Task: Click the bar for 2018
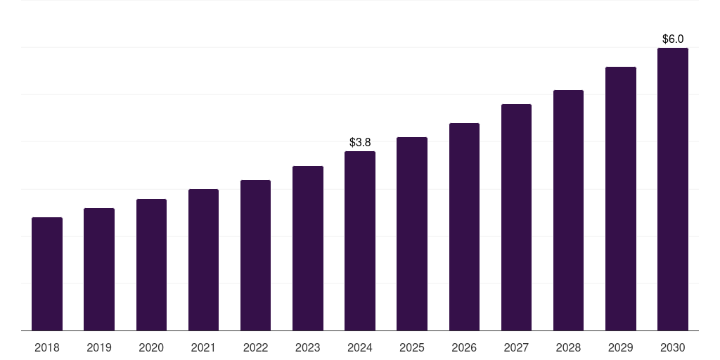coord(47,274)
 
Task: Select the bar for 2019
coord(99,269)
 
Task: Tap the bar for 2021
coord(203,260)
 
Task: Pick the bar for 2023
coord(308,248)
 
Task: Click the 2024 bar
coord(360,241)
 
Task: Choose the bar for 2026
coord(464,227)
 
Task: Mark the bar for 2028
coord(568,210)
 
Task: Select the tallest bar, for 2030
coord(673,189)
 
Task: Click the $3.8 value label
coord(360,143)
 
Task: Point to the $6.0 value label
coord(673,39)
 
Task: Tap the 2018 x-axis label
coord(47,348)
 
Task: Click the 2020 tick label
coord(151,348)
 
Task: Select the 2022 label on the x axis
coord(255,348)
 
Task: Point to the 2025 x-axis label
coord(412,348)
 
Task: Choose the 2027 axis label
coord(516,348)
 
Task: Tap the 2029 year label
coord(620,348)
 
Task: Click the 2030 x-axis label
coord(673,348)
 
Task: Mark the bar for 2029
coord(620,199)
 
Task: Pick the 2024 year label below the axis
coord(360,348)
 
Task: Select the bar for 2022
coord(255,255)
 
